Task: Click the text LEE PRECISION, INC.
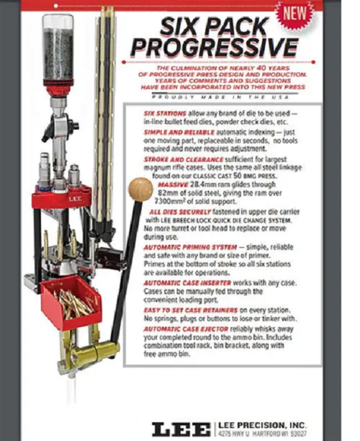point(264,424)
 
